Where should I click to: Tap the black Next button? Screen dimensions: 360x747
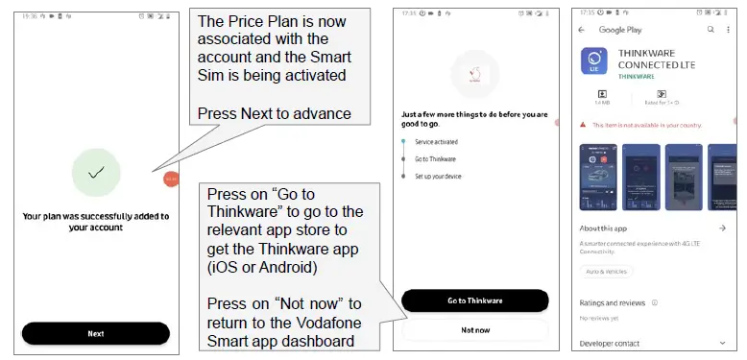96,333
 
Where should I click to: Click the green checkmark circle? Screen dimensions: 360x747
96,173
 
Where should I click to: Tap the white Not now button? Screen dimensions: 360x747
474,328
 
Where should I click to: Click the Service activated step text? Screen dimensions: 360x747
437,141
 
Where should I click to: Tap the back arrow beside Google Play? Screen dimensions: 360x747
582,30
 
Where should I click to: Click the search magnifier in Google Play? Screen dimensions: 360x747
711,30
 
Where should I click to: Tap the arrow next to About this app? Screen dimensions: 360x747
721,228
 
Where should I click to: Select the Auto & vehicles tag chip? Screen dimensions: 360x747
608,272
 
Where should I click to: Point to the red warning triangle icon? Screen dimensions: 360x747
584,125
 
